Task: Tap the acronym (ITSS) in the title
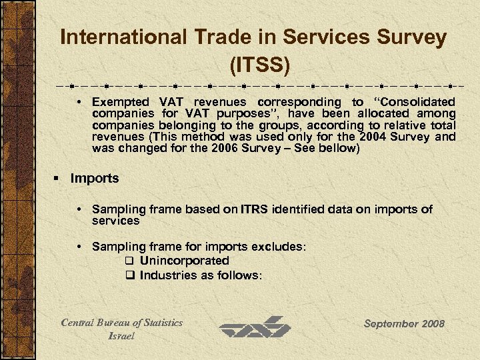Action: pyautogui.click(x=259, y=65)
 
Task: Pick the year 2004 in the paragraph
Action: pyautogui.click(x=377, y=137)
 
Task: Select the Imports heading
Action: pyautogui.click(x=94, y=178)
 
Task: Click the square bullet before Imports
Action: pyautogui.click(x=57, y=179)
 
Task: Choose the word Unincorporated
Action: pyautogui.click(x=185, y=261)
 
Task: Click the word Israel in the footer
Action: pyautogui.click(x=121, y=335)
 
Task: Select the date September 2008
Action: pyautogui.click(x=404, y=324)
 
